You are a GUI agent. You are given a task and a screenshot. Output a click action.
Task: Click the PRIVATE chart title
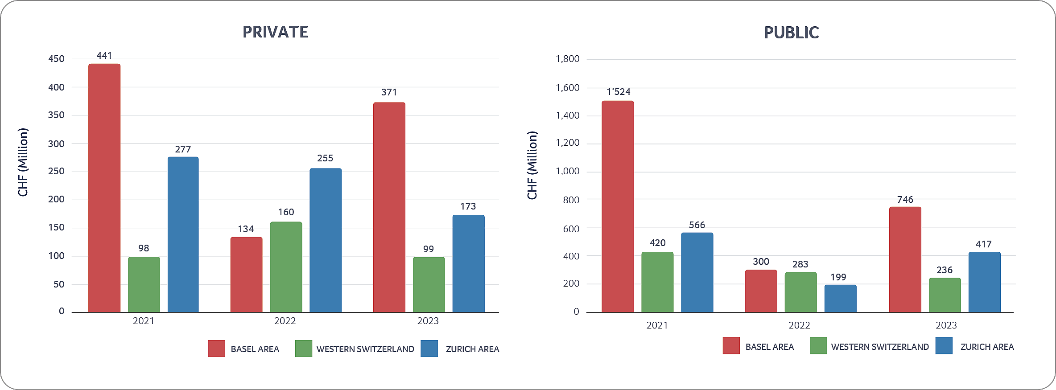point(275,32)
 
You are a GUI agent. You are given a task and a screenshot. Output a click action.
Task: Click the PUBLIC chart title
point(791,33)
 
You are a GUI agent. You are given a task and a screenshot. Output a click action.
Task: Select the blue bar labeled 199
point(840,298)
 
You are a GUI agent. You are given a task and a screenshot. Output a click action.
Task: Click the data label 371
point(389,92)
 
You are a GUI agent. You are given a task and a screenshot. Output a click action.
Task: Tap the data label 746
point(905,200)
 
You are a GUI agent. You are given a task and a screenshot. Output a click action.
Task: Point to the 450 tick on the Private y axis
point(56,59)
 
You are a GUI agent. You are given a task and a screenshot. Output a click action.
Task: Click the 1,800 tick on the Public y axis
point(567,59)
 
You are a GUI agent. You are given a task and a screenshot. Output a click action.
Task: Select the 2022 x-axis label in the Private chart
point(285,321)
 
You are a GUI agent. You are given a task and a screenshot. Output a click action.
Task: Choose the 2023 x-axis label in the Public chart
point(946,325)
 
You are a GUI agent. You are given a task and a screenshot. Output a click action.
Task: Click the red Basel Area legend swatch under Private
point(216,349)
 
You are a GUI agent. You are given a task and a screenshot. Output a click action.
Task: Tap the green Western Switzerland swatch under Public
point(818,346)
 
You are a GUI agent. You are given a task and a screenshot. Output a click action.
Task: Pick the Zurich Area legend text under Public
point(987,347)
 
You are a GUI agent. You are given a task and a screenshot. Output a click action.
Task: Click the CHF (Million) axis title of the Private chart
point(23,162)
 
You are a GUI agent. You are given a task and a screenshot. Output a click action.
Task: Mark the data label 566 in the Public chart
point(697,225)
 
